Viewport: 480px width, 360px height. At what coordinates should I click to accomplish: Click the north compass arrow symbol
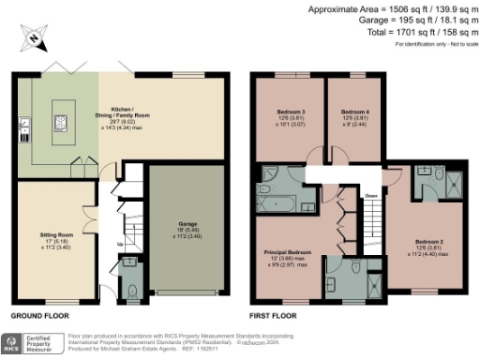33,39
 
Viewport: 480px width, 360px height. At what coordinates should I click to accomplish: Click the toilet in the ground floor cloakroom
130,289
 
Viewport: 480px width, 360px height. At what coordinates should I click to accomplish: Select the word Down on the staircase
371,196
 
